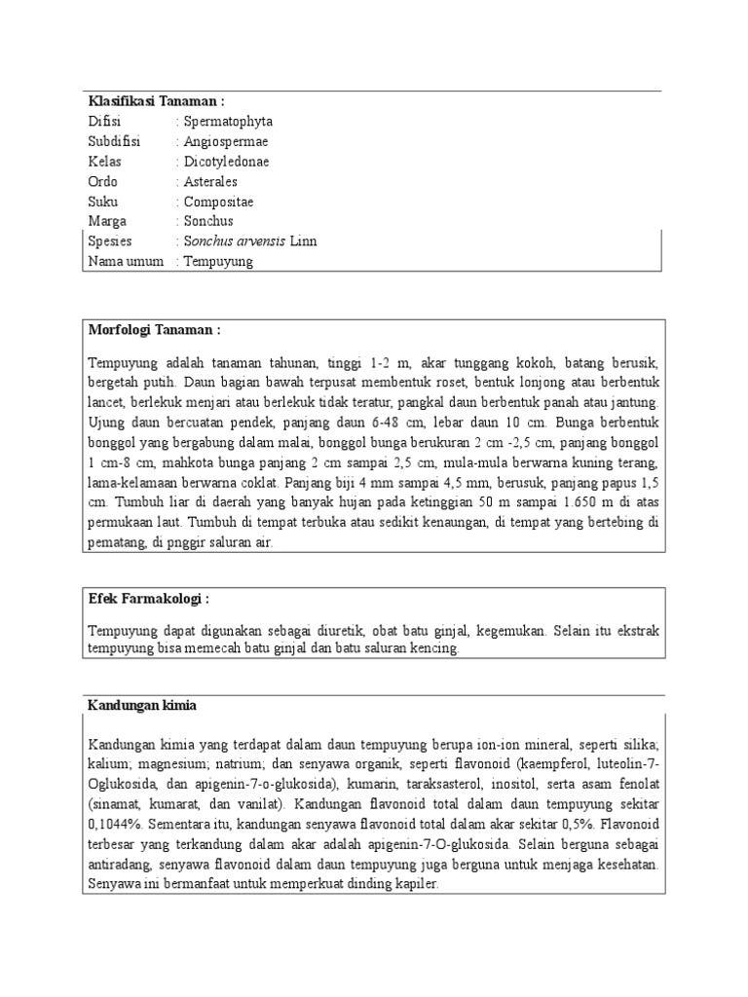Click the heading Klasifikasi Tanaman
(x=156, y=101)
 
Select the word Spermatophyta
(x=228, y=122)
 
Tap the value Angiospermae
(x=227, y=141)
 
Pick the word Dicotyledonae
(x=226, y=162)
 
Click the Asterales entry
(x=210, y=181)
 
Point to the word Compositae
(x=218, y=202)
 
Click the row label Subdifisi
(x=114, y=141)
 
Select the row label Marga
(x=107, y=221)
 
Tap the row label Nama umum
(x=126, y=261)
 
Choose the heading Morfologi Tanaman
(x=156, y=330)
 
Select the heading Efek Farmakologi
(x=149, y=597)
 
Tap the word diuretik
(x=352, y=631)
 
